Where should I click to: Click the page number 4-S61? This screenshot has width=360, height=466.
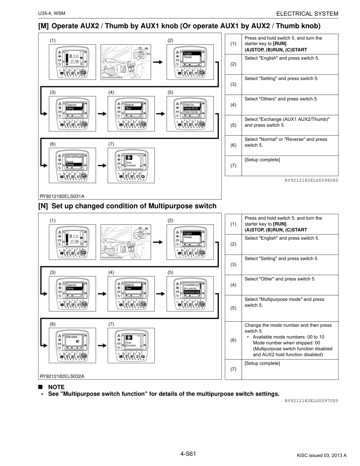(188, 454)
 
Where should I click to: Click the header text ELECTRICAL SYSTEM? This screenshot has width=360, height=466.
(307, 14)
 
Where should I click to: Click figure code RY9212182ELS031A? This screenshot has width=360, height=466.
(62, 196)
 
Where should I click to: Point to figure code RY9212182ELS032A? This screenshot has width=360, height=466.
(62, 376)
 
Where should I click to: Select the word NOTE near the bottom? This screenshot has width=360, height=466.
(56, 387)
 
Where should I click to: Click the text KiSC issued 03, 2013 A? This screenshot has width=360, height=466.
(322, 455)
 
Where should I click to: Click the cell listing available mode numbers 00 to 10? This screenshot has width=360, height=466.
(289, 340)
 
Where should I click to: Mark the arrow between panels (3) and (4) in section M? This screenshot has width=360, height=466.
(102, 113)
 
